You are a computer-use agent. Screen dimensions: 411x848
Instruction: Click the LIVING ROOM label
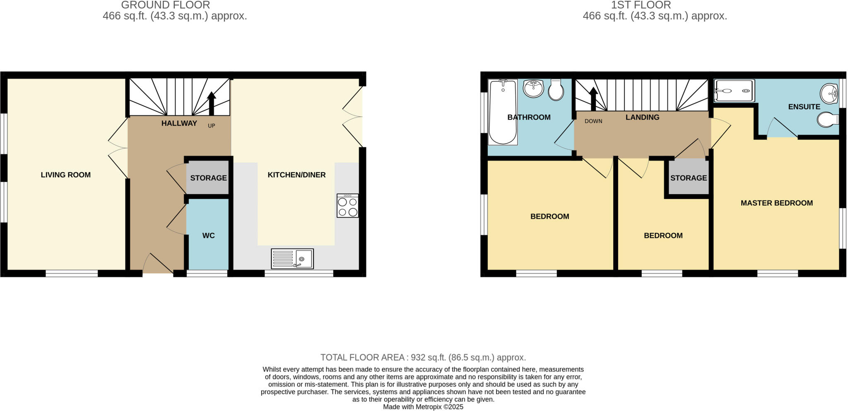[x=65, y=175]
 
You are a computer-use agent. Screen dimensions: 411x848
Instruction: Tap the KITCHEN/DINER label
[x=296, y=175]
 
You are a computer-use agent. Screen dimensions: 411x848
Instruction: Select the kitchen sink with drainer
[x=292, y=258]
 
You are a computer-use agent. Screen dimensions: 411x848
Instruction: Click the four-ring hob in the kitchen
[x=347, y=206]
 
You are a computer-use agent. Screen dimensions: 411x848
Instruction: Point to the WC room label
[x=208, y=236]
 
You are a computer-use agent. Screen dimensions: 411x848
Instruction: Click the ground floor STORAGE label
[x=208, y=178]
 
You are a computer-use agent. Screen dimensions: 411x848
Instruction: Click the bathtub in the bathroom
[x=503, y=112]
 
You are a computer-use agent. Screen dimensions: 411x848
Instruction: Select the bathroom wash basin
[x=533, y=88]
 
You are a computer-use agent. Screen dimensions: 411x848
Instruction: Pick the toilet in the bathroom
[x=556, y=90]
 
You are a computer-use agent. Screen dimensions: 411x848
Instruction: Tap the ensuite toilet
[x=828, y=120]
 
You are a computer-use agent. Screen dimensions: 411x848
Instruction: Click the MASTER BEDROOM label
[x=776, y=203]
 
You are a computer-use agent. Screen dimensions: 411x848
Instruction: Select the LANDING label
[x=642, y=117]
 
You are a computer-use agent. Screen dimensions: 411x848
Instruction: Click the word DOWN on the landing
[x=593, y=121]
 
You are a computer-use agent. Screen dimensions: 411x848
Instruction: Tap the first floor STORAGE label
[x=689, y=178]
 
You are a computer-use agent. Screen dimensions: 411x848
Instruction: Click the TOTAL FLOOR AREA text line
[x=423, y=357]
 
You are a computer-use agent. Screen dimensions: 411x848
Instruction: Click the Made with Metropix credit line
[x=423, y=407]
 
